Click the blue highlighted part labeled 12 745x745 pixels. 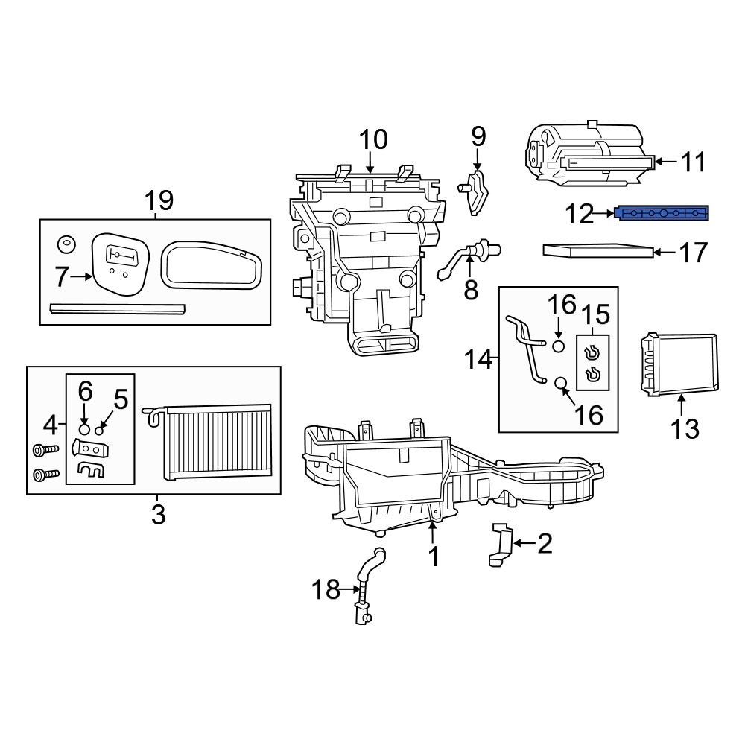662,214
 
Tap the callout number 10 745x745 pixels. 373,140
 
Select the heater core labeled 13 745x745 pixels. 679,364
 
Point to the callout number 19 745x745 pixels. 158,200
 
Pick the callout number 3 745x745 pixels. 158,514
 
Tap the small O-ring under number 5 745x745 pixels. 99,431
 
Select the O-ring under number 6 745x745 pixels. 84,430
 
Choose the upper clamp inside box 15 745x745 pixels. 593,353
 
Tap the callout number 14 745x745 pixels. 478,360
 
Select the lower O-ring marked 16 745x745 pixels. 562,384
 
